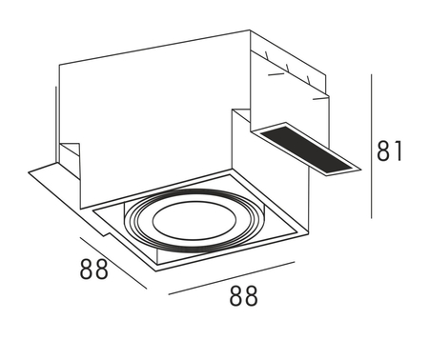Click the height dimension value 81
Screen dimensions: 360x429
[x=390, y=150]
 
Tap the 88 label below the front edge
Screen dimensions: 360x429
[x=243, y=296]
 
